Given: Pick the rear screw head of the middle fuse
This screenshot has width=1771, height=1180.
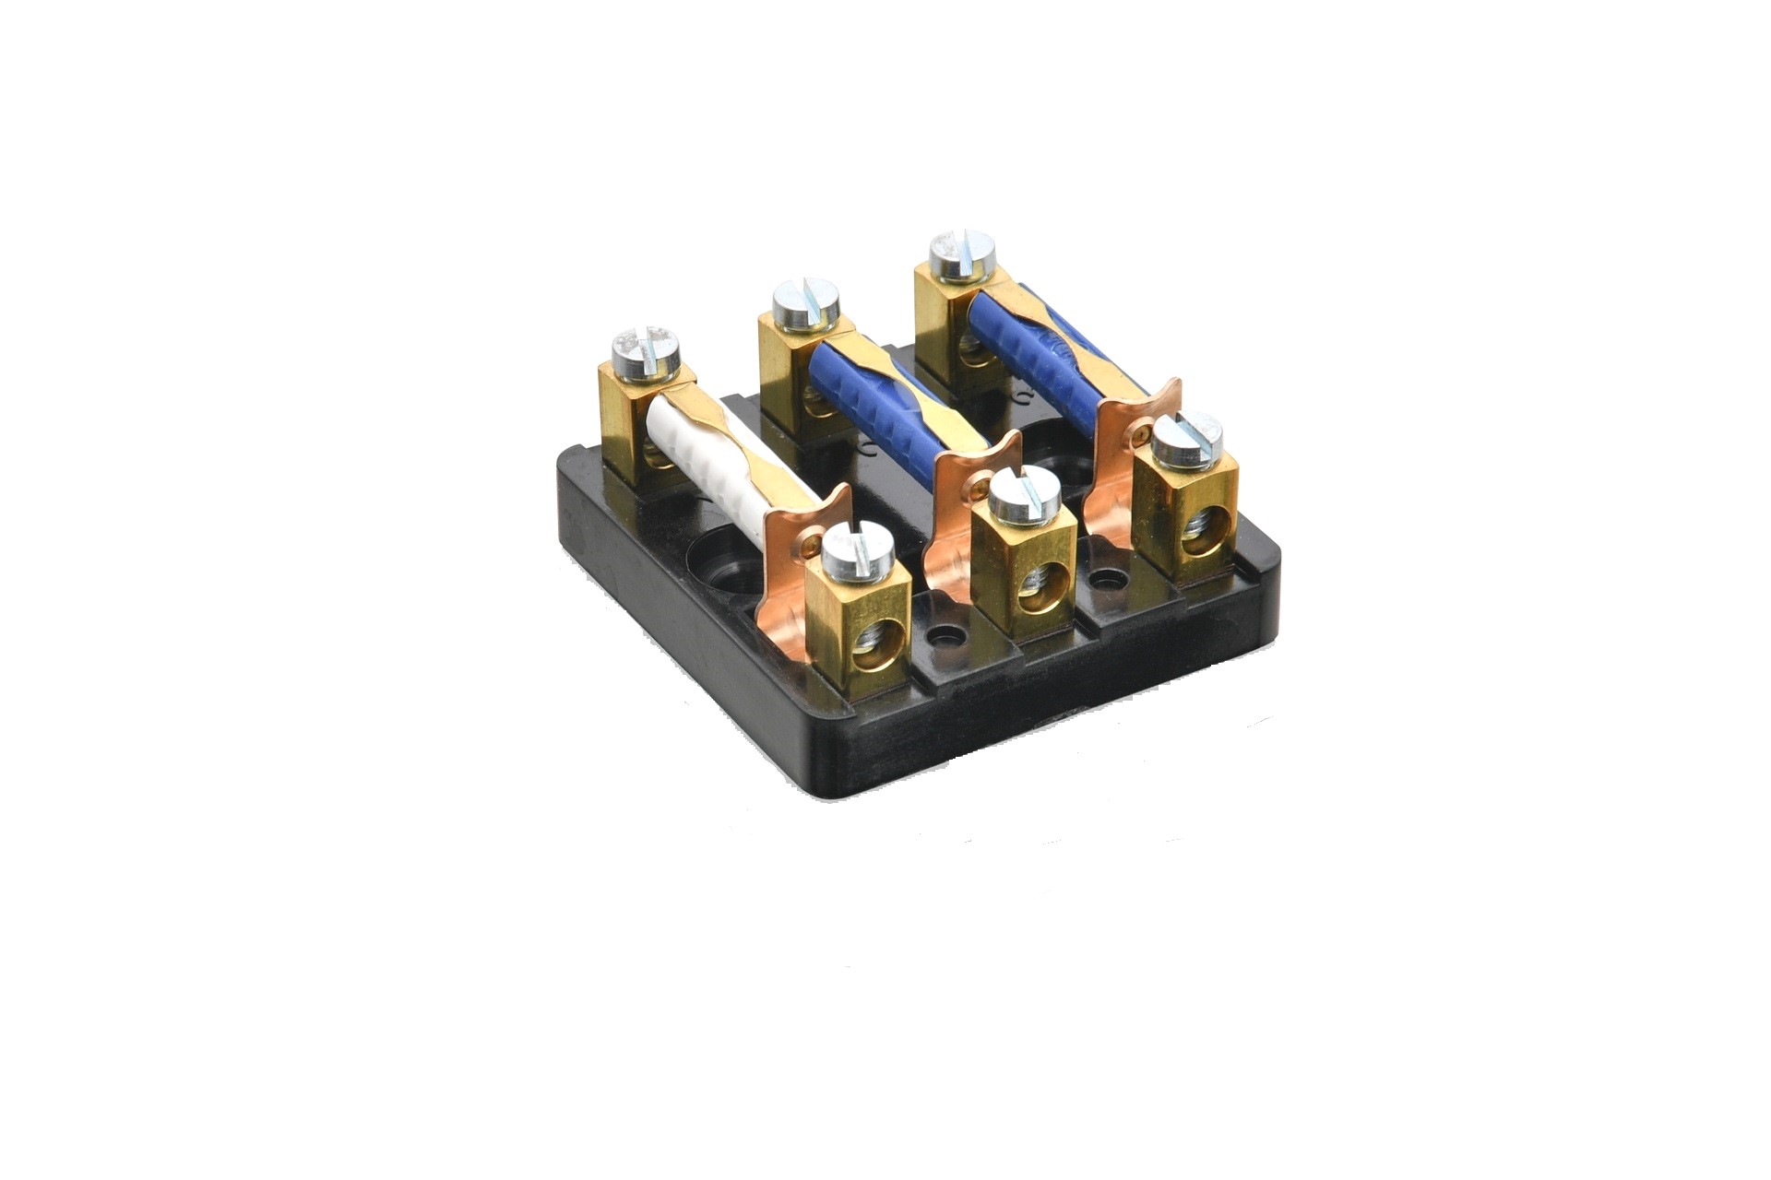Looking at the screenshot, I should pos(805,305).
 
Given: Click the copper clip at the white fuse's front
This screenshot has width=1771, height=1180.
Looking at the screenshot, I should pos(793,590).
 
